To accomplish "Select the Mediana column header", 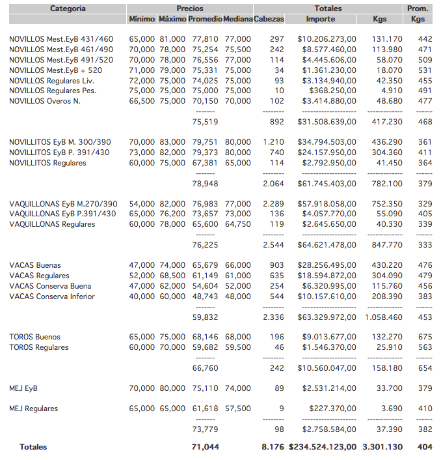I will point(237,20).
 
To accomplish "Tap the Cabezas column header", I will point(269,20).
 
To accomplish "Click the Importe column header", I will point(321,20).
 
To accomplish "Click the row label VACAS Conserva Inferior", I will point(52,296).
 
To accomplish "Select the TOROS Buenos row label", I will point(34,337).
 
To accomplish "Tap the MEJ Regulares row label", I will point(33,409).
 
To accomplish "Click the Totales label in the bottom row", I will point(33,447).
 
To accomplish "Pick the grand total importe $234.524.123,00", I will point(321,447).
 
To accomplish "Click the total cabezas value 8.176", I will point(273,447).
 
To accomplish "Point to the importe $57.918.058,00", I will point(327,204).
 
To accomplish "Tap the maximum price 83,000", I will point(172,142).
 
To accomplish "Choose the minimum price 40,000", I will point(142,296).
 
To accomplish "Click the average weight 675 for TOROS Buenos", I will point(425,337).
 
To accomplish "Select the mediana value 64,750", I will point(237,224).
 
